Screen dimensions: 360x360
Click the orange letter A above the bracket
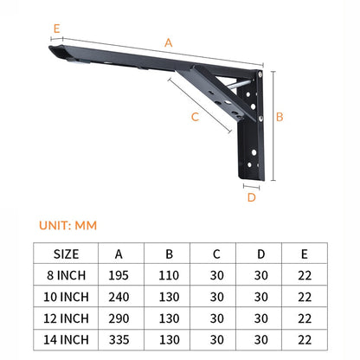point(168,42)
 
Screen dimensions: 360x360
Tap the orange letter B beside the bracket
point(280,116)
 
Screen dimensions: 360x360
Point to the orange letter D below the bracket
point(251,196)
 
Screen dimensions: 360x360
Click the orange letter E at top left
point(56,29)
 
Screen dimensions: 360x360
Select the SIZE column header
point(66,254)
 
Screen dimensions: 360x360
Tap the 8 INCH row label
point(66,275)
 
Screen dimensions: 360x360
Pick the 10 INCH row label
point(66,296)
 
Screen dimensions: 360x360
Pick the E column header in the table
point(304,254)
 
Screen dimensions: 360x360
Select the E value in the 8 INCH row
point(304,275)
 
